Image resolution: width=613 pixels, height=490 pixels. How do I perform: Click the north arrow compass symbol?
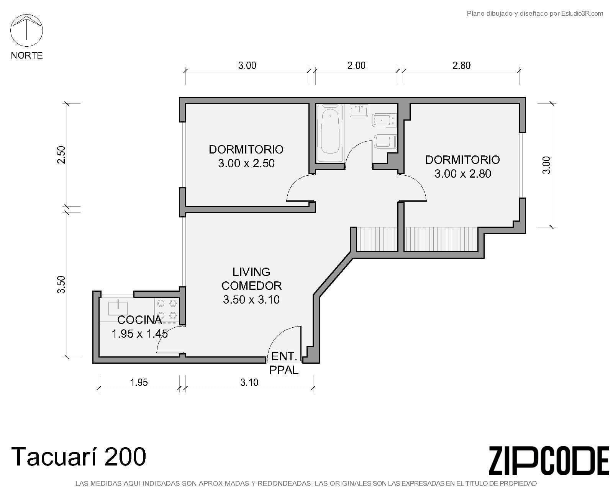point(26,30)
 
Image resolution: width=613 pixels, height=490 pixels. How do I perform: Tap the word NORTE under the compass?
point(26,56)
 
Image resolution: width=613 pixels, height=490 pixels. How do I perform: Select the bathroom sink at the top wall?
point(359,111)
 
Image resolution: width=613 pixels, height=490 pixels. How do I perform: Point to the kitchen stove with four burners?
point(167,309)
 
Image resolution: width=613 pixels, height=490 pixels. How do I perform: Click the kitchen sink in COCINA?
point(118,307)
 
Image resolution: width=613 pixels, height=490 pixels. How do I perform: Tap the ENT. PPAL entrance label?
point(284,363)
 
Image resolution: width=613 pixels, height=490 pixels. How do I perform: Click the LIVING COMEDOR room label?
point(251,279)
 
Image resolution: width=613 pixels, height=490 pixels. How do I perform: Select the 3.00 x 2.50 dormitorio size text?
point(246,163)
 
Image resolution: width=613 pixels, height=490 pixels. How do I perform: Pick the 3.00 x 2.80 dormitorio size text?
point(462,174)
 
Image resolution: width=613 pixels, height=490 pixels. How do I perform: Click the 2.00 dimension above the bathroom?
point(356,65)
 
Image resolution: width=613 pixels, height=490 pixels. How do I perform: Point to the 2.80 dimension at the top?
point(461,65)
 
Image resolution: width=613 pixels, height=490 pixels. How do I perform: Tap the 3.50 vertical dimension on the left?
point(61,284)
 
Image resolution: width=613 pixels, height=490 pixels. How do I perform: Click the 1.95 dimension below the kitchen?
point(139,382)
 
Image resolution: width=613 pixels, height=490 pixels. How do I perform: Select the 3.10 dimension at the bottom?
point(249,382)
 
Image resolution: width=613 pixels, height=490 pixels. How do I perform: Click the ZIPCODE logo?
point(549,461)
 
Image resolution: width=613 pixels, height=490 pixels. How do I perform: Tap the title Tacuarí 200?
point(79,457)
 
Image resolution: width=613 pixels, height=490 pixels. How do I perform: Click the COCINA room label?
point(139,320)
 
